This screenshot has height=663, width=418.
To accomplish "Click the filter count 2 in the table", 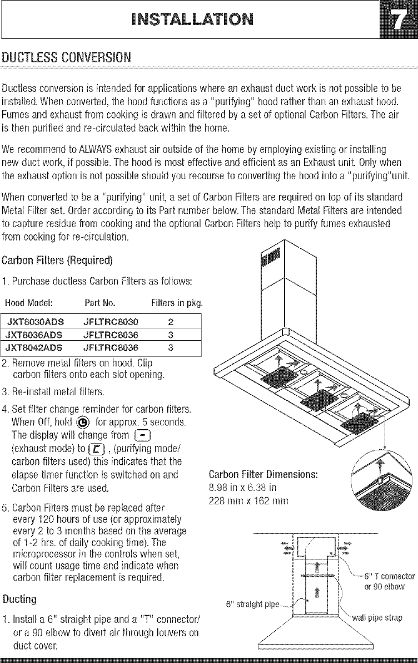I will [x=171, y=322].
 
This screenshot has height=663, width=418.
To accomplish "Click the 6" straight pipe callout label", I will [x=252, y=603].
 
